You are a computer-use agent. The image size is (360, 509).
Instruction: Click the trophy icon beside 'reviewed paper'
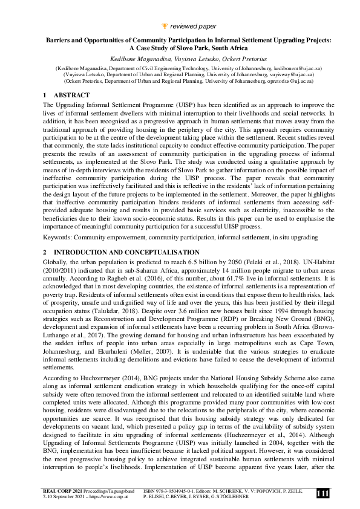coord(165,27)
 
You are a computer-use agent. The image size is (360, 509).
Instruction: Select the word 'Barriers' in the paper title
coord(59,40)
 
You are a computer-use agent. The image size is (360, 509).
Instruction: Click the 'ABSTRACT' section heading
coord(72,96)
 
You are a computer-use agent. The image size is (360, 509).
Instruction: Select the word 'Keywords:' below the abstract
coord(58,238)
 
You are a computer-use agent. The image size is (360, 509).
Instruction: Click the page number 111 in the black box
coord(322,494)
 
